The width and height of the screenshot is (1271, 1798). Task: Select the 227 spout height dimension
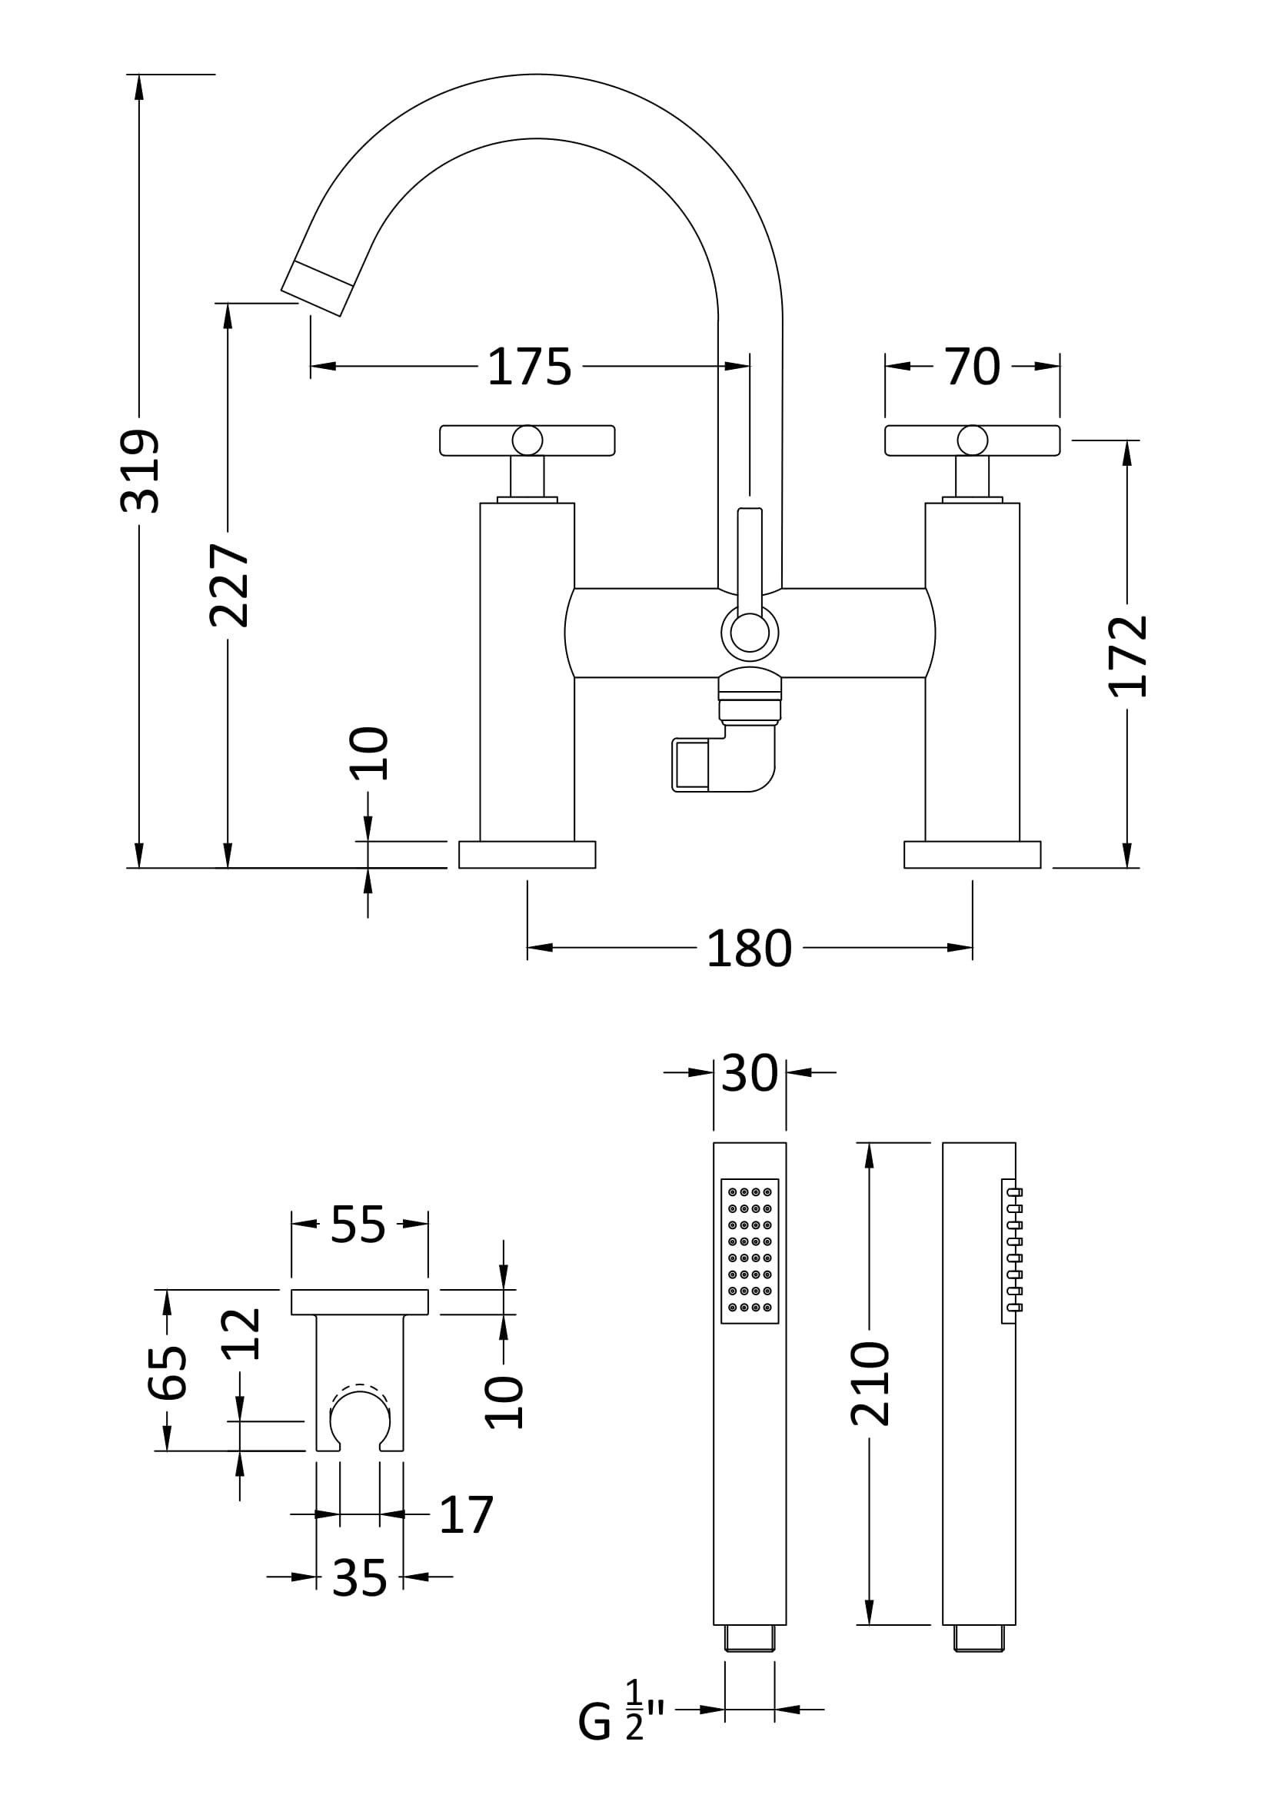229,585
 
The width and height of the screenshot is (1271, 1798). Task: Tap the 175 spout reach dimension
529,367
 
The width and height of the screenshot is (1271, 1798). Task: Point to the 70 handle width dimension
972,367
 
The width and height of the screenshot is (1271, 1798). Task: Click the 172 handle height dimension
1128,656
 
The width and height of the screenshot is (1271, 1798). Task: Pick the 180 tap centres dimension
750,949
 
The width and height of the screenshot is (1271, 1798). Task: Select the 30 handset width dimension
750,1073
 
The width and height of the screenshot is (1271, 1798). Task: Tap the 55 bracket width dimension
358,1224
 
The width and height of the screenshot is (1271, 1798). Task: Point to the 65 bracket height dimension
168,1373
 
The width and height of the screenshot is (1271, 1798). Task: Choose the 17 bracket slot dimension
467,1514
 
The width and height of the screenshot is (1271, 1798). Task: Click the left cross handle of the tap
527,440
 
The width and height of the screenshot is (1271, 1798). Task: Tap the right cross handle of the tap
972,440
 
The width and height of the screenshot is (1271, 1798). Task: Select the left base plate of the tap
527,854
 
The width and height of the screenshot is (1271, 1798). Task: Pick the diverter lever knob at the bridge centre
750,632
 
